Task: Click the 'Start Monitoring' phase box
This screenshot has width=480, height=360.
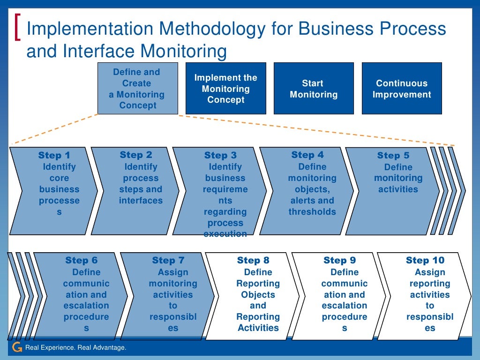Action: coord(313,89)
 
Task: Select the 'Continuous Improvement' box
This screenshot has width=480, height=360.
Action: coord(402,89)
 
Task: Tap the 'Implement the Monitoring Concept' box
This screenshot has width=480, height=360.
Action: coord(226,89)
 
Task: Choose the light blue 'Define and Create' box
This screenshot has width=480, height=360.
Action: coord(137,89)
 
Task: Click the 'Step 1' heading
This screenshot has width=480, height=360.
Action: coord(54,156)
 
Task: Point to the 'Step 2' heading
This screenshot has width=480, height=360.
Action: coord(136,155)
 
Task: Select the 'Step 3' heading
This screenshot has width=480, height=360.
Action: coord(220,156)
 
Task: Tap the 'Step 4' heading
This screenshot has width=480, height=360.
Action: coord(307,155)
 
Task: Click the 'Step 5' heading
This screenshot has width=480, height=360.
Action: coord(393,156)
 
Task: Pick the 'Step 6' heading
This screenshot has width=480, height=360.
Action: coord(82,261)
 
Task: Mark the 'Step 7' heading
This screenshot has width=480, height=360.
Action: coord(168,261)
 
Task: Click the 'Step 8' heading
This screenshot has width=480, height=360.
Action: coord(253,261)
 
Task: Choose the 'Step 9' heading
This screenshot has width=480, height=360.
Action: coord(340,261)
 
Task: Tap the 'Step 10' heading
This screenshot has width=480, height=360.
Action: coord(425,261)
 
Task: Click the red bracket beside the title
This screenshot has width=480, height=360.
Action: coord(18,28)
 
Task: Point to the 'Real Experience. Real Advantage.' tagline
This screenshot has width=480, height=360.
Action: coord(75,347)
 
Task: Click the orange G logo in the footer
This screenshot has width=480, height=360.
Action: coord(17,347)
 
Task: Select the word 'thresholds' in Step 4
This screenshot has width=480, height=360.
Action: coord(312,212)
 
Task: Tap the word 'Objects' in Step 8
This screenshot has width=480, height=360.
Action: coord(258,295)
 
